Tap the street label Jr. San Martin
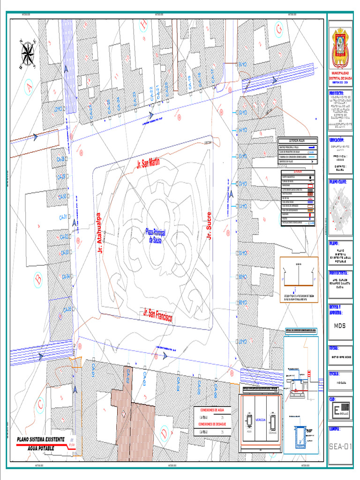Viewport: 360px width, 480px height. pos(148,163)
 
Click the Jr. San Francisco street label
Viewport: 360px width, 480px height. pos(158,315)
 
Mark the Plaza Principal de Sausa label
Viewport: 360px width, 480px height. pos(155,235)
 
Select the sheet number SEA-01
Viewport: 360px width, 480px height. pos(340,447)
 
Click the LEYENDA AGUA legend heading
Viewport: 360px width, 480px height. pos(297,141)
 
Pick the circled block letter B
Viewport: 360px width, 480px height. pos(38,280)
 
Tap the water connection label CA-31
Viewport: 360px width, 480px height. pos(63,217)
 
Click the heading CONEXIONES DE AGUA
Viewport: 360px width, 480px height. pos(215,409)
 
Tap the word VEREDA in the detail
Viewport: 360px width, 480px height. pos(260,420)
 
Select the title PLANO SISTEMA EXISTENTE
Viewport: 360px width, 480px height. pos(41,440)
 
